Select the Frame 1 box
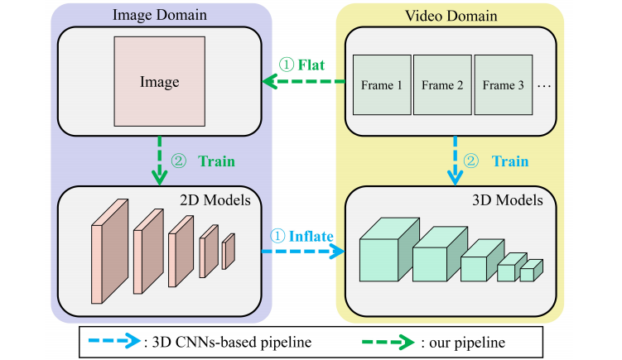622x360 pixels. (x=381, y=84)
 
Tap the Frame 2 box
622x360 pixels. (x=441, y=84)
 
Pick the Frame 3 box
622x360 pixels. (x=503, y=84)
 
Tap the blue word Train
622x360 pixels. (x=510, y=161)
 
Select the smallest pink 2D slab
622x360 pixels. (x=228, y=252)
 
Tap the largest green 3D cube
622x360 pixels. (x=383, y=252)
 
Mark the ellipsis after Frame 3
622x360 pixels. (x=544, y=85)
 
